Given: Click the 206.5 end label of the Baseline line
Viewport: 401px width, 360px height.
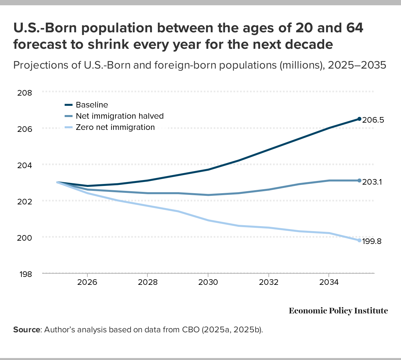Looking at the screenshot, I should click(373, 120).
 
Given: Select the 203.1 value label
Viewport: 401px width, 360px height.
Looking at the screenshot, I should click(372, 182).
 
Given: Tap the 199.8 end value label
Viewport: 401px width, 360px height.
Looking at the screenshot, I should click(372, 241).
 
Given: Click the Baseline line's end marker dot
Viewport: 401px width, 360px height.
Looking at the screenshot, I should click(359, 119).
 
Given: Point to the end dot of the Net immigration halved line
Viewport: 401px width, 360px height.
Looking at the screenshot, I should click(359, 180).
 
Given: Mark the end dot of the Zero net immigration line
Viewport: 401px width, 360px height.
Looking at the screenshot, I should click(359, 240).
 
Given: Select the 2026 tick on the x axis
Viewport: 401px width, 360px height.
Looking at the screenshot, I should click(87, 282).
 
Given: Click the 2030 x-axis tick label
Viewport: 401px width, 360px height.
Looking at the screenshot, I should click(208, 282).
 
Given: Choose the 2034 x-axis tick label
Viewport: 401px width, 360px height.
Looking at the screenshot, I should click(329, 282).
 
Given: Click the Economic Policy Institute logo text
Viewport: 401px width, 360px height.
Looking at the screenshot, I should click(338, 311).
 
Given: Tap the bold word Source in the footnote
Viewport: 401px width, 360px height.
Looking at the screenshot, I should click(26, 330).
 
